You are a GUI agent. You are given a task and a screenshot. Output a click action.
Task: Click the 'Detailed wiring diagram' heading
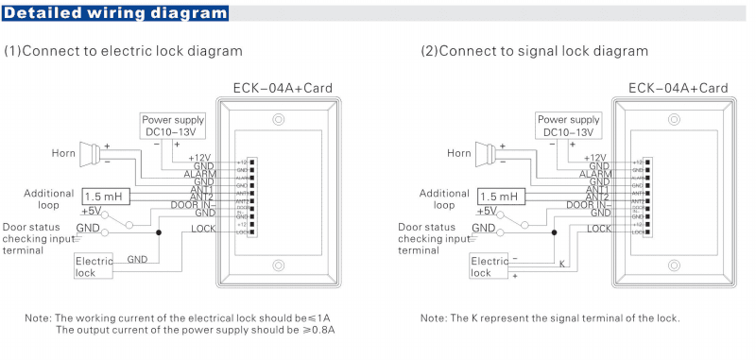point(115,13)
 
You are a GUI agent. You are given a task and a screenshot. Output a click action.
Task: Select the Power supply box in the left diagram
point(172,126)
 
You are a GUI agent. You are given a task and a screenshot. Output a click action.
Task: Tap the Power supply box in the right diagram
point(568,126)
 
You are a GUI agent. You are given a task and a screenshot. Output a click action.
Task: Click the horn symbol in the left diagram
point(92,152)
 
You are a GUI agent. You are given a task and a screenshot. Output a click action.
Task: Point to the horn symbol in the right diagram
point(488,152)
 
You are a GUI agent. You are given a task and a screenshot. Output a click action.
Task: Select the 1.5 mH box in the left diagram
point(104,197)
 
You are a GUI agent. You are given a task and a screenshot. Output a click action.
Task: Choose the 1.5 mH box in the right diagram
point(500,197)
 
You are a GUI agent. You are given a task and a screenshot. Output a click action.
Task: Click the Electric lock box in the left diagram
point(94,266)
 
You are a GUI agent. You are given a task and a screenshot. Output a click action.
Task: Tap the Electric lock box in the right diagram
point(490,266)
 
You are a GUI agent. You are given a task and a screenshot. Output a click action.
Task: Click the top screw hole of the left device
point(278,120)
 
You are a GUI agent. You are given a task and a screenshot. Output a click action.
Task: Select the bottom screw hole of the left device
point(278,266)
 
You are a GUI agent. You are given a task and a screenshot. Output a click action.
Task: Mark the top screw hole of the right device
point(674,120)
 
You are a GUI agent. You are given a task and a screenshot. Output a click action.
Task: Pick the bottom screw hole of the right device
point(674,266)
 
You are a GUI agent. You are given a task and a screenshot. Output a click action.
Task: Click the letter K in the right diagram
point(562,264)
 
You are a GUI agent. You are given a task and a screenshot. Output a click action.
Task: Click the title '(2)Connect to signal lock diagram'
point(534,50)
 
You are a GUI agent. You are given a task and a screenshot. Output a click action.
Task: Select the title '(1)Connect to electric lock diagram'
point(124,50)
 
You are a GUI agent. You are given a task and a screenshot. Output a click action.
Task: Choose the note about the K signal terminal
point(550,317)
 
